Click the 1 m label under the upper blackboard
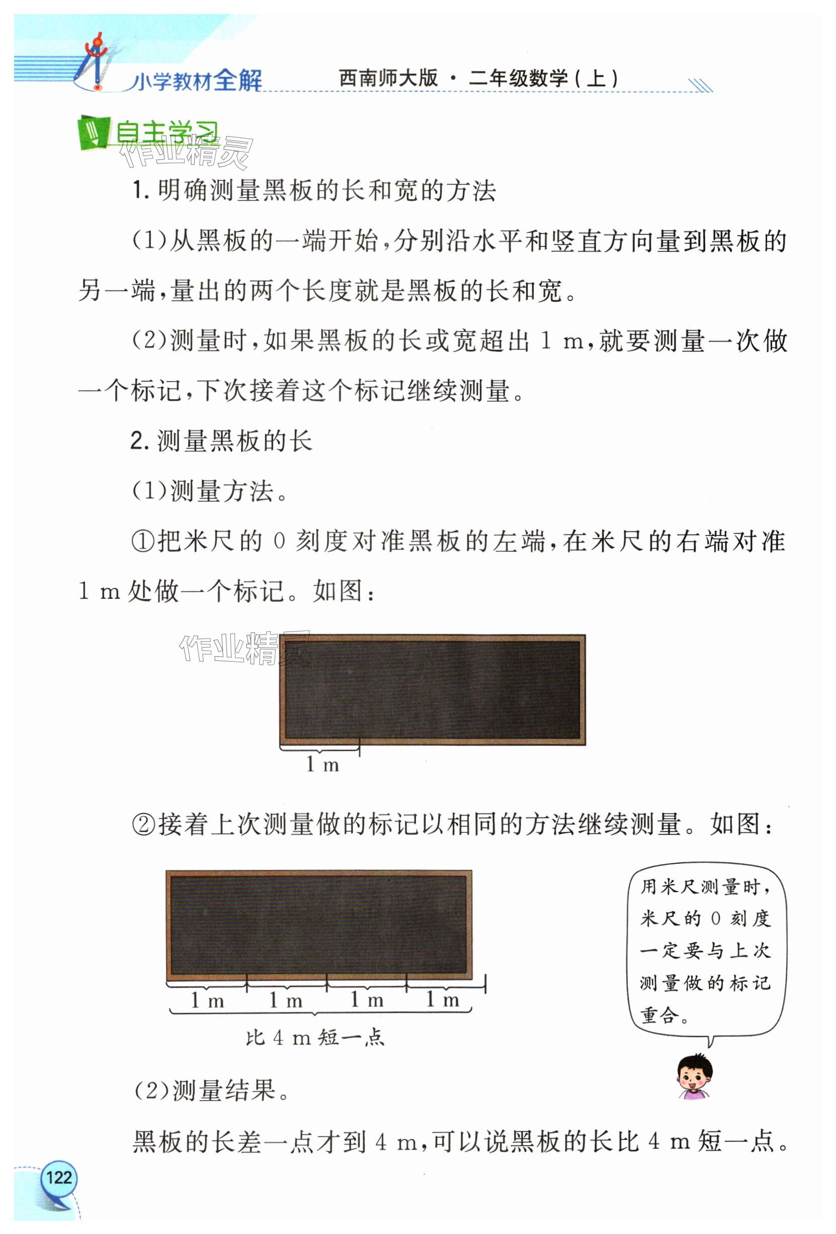click(x=322, y=765)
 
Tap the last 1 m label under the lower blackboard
click(x=443, y=1000)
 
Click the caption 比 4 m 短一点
click(x=314, y=1037)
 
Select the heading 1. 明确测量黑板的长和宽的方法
click(x=314, y=191)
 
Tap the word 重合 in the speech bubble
click(x=659, y=1016)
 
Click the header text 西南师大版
click(x=388, y=78)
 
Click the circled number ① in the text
click(x=143, y=542)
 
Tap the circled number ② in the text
click(x=143, y=826)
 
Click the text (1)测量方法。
click(x=210, y=491)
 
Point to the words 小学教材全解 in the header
click(x=197, y=81)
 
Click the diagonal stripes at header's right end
click(x=700, y=85)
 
